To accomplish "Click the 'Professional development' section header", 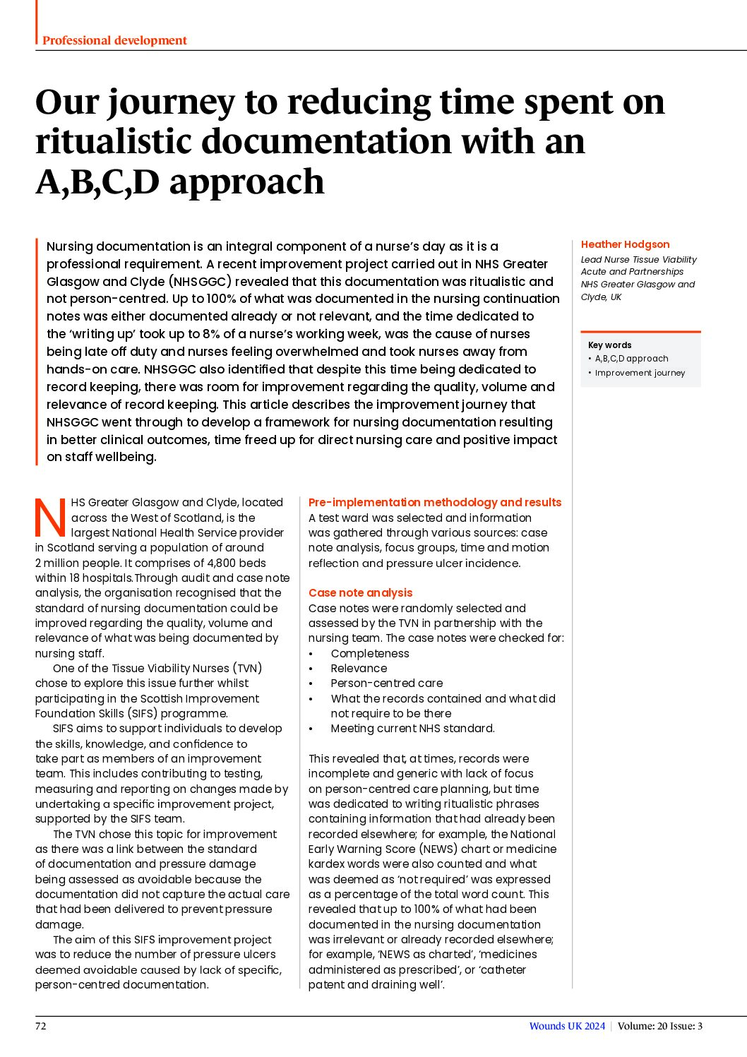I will click(x=114, y=40).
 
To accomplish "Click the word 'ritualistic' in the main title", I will click(x=112, y=141).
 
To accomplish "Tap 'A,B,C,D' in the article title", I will click(x=97, y=182).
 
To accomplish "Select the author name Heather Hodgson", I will click(x=625, y=244).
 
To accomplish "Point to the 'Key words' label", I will click(x=609, y=345).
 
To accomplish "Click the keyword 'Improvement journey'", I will click(x=640, y=373).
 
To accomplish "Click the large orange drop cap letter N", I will click(x=51, y=518).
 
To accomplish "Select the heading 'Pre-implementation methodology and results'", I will click(x=435, y=502).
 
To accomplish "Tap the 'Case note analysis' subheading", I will click(x=360, y=592).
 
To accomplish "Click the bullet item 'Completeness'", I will click(x=370, y=653).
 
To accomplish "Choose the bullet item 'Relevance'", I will click(x=359, y=668).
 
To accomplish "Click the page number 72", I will click(x=41, y=1026).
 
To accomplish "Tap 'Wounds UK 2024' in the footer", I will click(x=567, y=1026).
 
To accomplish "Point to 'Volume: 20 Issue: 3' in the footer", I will click(x=659, y=1026).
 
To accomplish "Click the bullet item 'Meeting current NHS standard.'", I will click(x=412, y=728).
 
